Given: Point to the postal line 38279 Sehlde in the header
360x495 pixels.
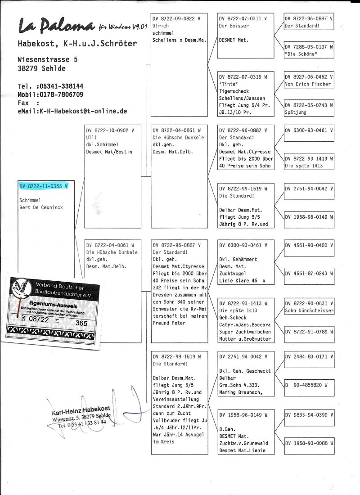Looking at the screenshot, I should coord(41,68).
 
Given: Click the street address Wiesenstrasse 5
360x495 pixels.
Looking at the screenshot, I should coord(47,59).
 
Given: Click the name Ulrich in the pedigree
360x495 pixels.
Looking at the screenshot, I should coord(161,26).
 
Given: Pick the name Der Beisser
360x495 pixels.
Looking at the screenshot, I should coord(233,26).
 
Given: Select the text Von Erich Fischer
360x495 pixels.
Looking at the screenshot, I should coord(308,84).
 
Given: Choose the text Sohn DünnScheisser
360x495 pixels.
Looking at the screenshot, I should coord(309,310).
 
